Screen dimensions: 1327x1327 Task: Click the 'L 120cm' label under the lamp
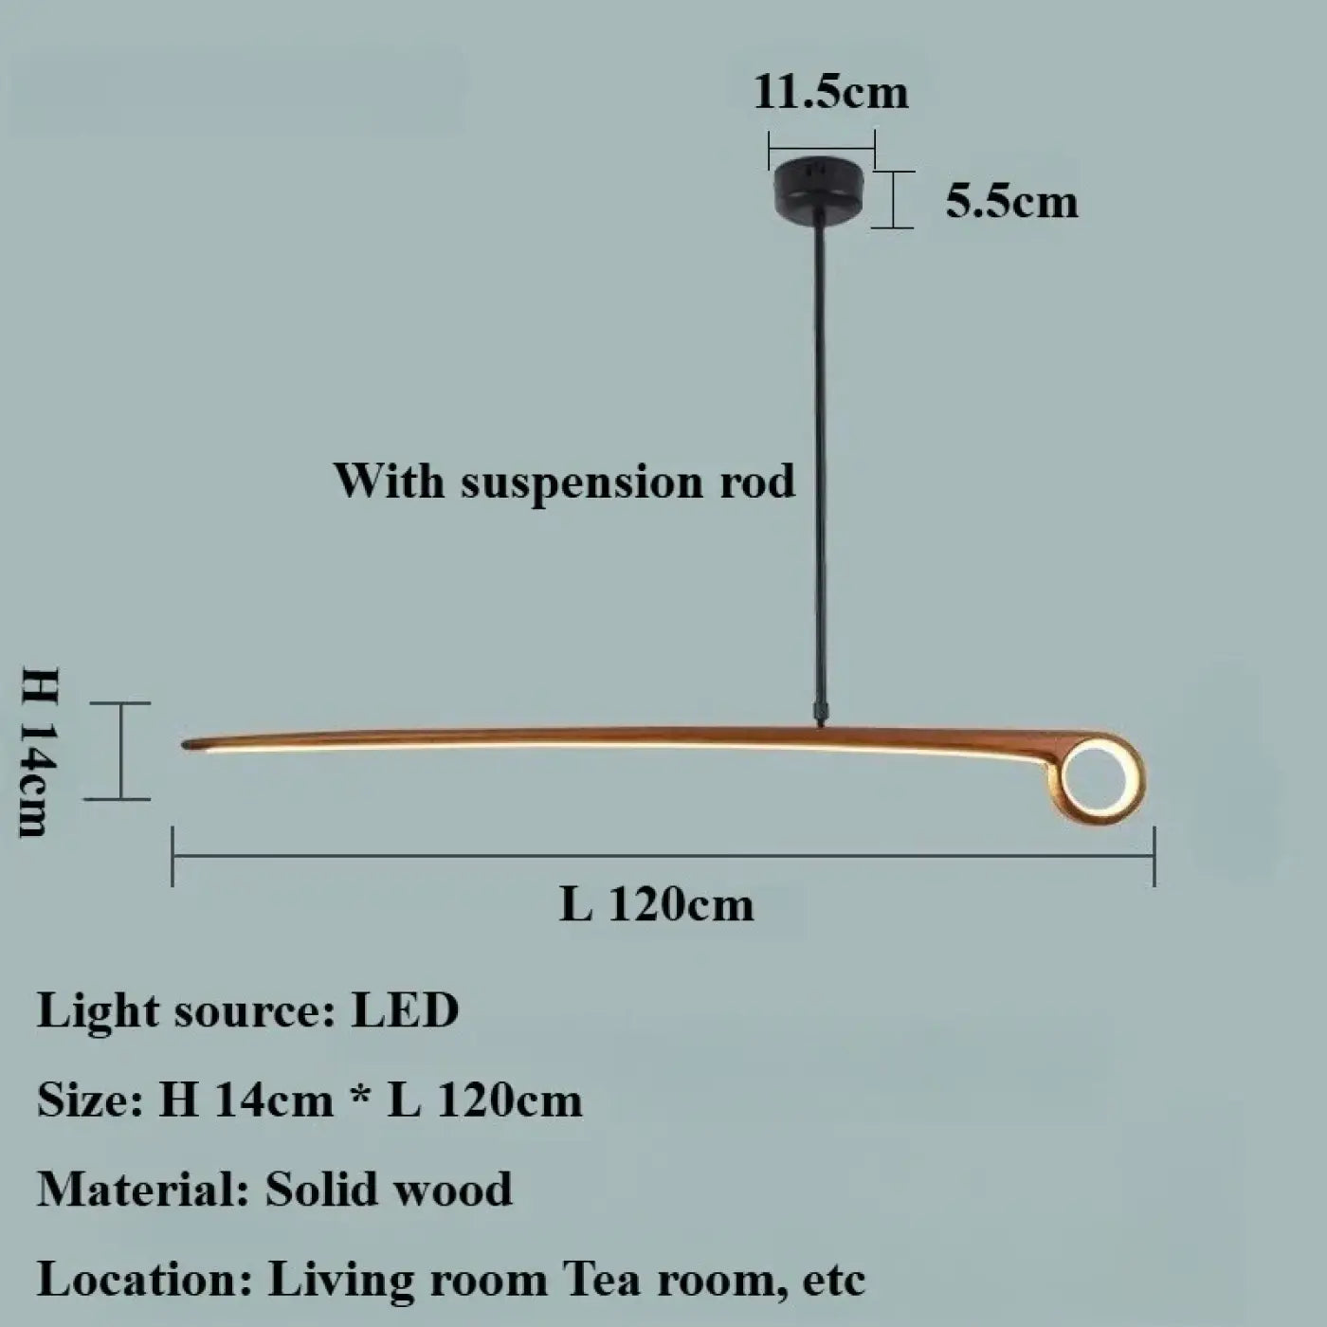pyautogui.click(x=656, y=904)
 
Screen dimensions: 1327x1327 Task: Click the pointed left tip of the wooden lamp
pyautogui.click(x=185, y=744)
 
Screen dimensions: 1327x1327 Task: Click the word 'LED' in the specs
pyautogui.click(x=405, y=1011)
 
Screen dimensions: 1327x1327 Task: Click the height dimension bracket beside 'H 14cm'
pyautogui.click(x=120, y=752)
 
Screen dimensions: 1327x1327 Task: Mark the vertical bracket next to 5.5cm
pyautogui.click(x=893, y=199)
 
